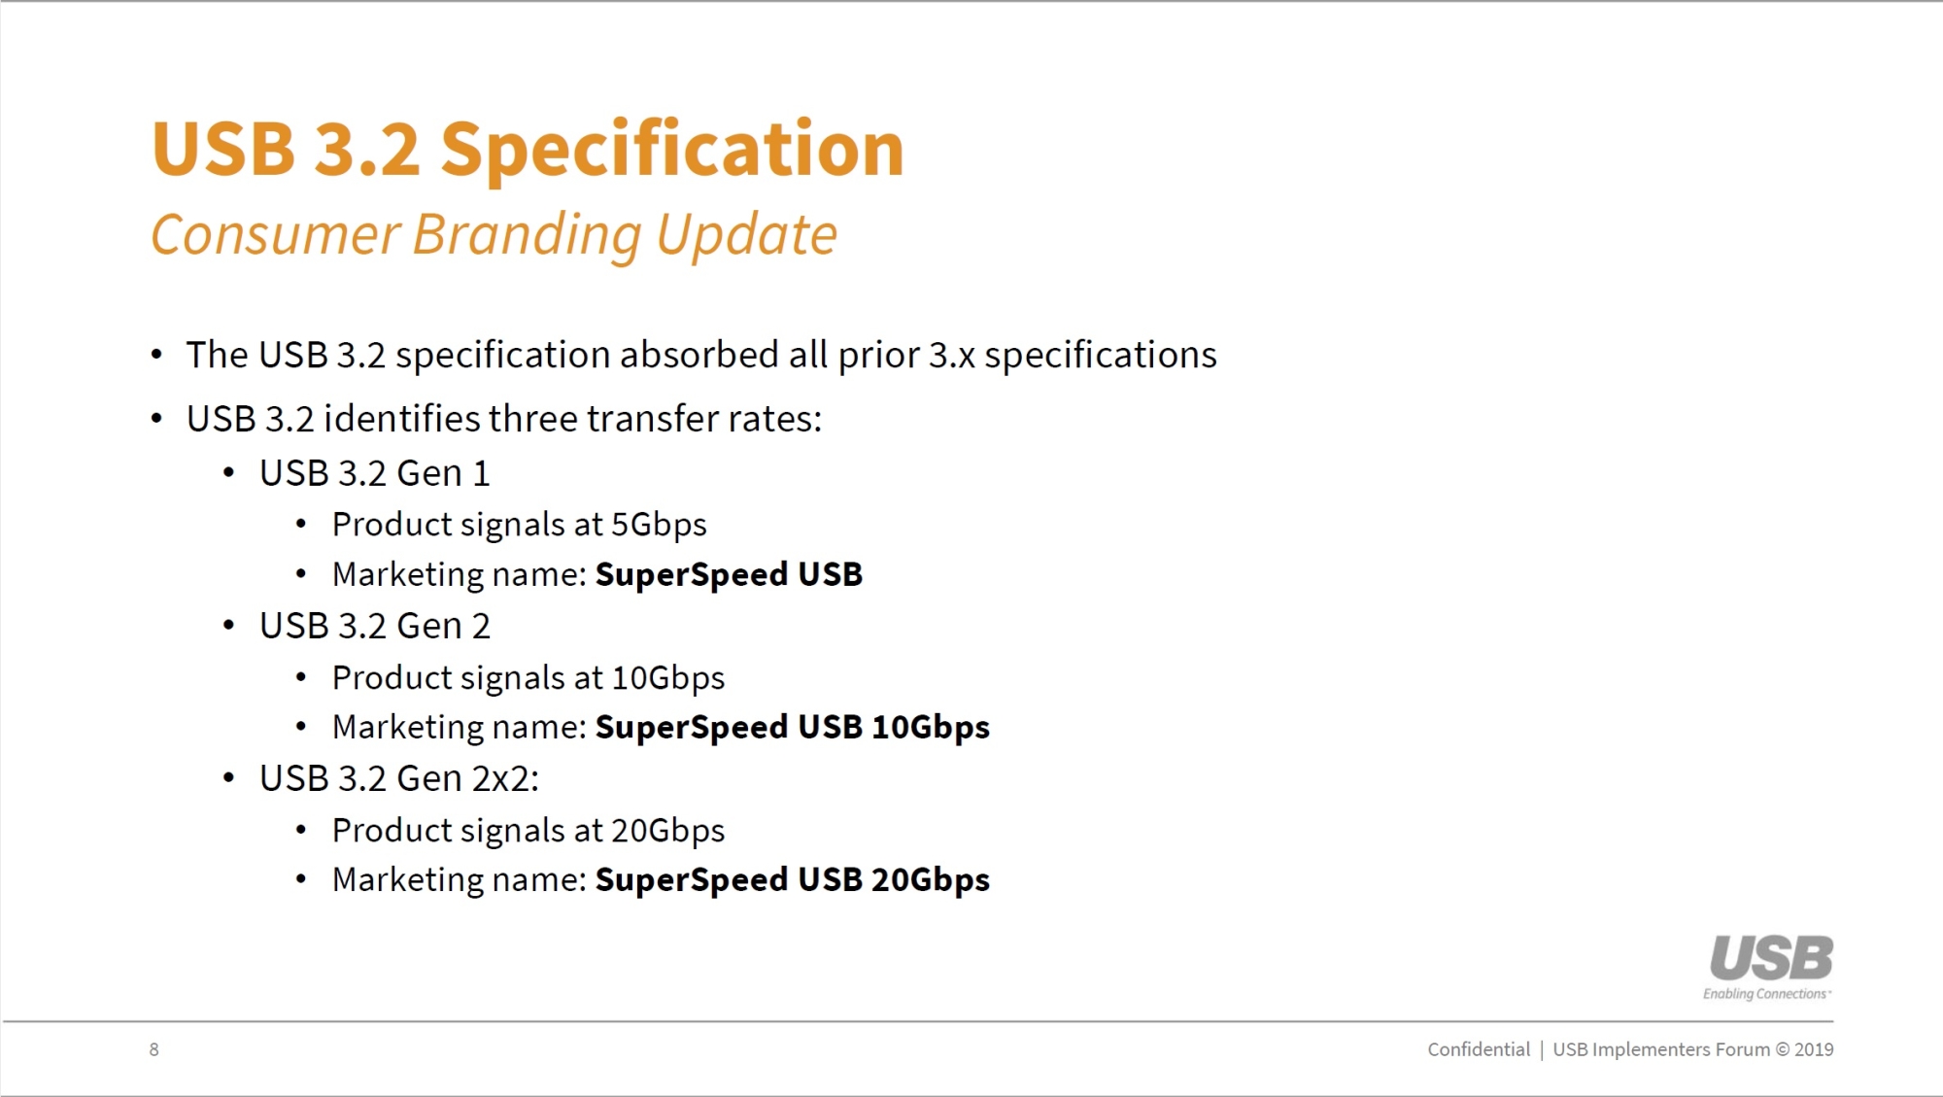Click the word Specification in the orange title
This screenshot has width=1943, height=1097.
coord(672,152)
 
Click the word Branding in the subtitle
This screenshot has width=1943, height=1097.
coord(527,236)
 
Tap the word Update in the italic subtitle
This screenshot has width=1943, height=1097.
coord(746,236)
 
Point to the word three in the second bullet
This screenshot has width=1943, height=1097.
coord(532,419)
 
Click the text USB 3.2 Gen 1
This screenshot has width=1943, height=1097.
coord(375,473)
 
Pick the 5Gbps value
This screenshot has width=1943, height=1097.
coord(659,526)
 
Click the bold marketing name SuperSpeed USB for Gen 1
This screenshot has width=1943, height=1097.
coord(729,575)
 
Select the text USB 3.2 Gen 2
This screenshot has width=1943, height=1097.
coord(375,626)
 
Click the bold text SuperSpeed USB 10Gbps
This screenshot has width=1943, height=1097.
coord(793,728)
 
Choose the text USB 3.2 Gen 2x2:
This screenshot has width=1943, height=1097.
coord(399,778)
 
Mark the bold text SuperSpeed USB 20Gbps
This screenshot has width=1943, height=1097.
coord(793,880)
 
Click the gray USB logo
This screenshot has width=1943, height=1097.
coord(1772,958)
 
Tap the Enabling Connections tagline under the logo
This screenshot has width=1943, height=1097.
coord(1767,994)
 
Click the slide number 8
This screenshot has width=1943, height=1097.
coord(153,1049)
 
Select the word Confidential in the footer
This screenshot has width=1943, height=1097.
coord(1479,1049)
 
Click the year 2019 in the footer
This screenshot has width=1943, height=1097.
coord(1814,1049)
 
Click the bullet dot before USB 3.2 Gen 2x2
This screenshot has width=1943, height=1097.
coord(228,778)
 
